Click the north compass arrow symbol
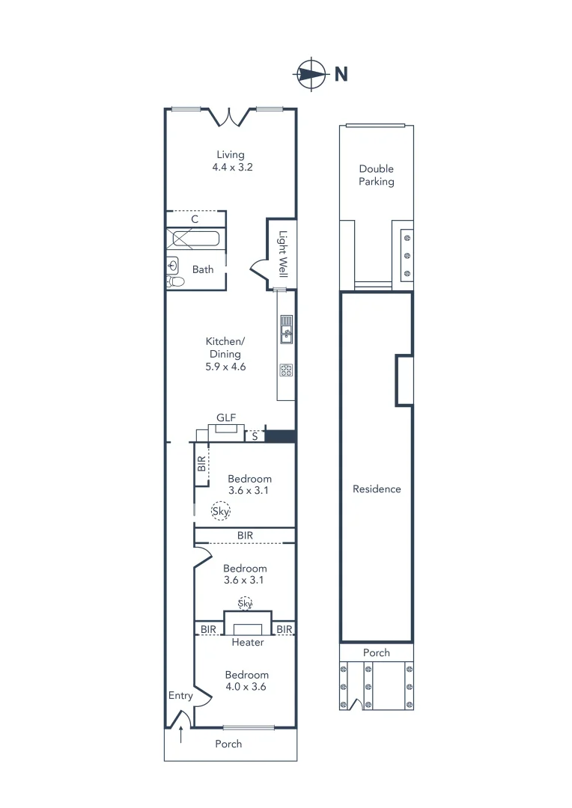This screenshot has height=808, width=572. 311,73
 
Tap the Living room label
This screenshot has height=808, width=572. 231,155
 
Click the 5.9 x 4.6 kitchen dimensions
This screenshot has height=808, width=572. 225,367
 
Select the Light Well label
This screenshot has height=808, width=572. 283,253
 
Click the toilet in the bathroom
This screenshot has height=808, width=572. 175,282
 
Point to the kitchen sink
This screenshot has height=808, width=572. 286,330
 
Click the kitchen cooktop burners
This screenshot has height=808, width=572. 286,369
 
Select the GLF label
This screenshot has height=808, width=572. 226,417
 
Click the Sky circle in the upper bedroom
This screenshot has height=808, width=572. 220,511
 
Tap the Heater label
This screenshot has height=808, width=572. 247,642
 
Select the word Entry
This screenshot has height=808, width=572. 180,695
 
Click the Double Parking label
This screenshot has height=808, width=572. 376,175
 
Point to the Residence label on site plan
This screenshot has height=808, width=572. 377,489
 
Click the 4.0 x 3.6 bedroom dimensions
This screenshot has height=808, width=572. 246,686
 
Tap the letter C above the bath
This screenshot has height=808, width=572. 195,219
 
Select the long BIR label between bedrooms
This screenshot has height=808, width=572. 245,536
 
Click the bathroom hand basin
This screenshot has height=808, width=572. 172,264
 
